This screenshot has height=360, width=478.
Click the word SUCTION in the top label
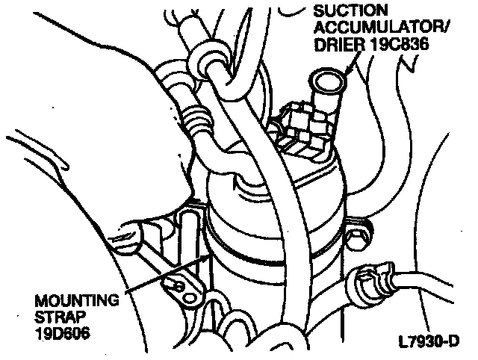click(350, 11)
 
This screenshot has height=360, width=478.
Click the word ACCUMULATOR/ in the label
click(369, 28)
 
